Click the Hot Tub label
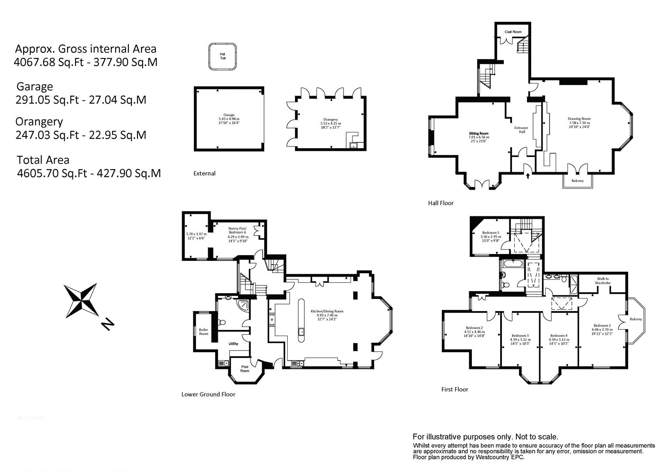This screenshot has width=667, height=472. pos(223,56)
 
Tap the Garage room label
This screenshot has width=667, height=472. pos(229,115)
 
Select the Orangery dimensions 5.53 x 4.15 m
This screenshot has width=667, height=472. pos(330,123)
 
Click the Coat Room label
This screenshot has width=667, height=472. pos(513,32)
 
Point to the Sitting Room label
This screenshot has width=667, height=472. pos(479,133)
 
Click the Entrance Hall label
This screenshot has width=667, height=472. pos(521,130)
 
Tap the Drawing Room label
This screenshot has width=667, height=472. pos(579,119)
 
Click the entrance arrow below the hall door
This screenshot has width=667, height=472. pos(528,176)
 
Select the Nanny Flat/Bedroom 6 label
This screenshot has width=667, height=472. pos(237,230)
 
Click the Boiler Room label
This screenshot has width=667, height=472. pos(204,332)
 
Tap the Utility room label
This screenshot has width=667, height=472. pos(234,344)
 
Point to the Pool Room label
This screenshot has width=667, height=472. pos(245,368)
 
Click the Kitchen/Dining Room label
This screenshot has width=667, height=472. pos(327,311)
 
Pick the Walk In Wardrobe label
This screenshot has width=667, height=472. pos(603,281)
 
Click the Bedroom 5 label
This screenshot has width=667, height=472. pos(491,233)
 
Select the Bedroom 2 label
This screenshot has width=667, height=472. pos(474,328)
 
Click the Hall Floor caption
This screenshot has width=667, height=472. pos(441,203)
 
